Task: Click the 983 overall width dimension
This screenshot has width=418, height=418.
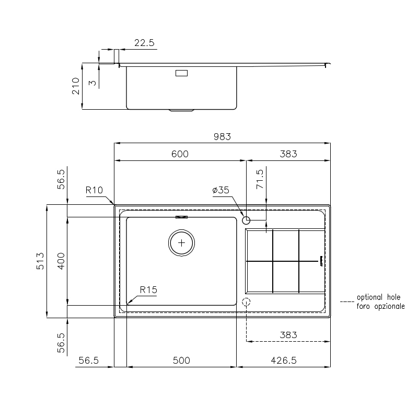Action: [x=222, y=137]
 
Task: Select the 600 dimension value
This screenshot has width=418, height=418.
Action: [x=180, y=154]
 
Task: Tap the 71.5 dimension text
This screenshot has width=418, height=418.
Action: [x=260, y=179]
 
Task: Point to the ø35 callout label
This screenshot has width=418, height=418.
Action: [x=220, y=190]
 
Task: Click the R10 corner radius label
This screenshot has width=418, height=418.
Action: [x=94, y=190]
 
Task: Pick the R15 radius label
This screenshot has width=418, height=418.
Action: [x=148, y=290]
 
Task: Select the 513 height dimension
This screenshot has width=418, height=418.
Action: [x=40, y=261]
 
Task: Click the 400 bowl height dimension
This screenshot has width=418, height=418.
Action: [x=61, y=261]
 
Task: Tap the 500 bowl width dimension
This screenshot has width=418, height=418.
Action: [x=181, y=361]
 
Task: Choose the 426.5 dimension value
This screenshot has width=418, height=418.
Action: [x=284, y=361]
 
